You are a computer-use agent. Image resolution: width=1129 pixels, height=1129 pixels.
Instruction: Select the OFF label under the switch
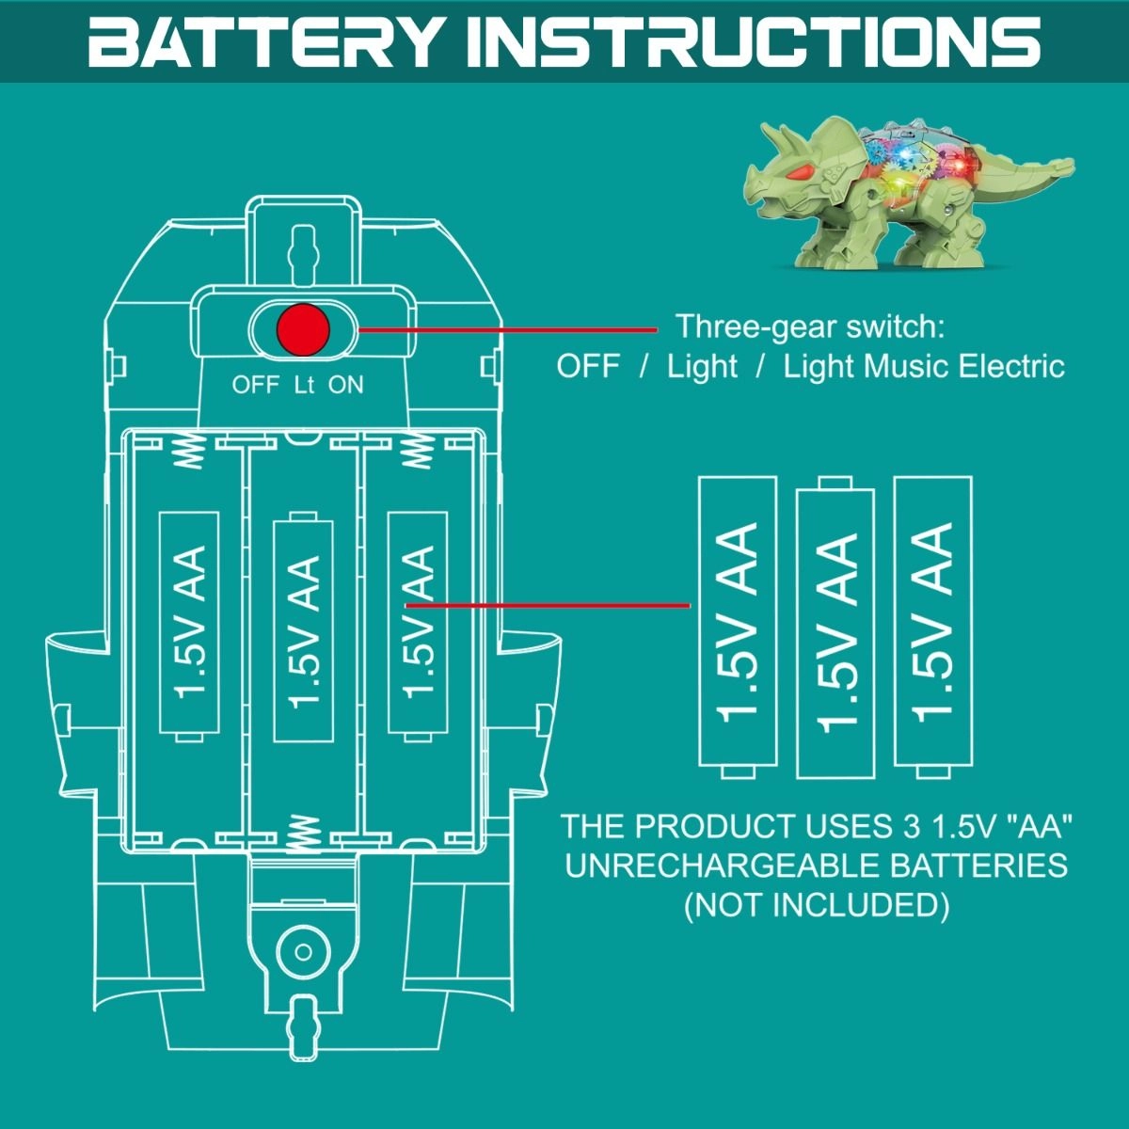[255, 385]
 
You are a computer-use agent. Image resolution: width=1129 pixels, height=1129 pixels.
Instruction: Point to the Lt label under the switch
[304, 385]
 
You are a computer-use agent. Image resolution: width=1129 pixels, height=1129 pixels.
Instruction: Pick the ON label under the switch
[345, 385]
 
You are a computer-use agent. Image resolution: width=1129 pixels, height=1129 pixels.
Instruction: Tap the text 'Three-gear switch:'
[809, 327]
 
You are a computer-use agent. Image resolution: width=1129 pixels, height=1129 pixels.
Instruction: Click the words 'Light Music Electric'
[923, 366]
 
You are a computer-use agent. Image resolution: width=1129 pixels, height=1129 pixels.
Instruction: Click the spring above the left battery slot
[191, 452]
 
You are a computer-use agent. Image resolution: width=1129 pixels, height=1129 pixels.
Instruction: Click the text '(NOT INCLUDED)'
[816, 905]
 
